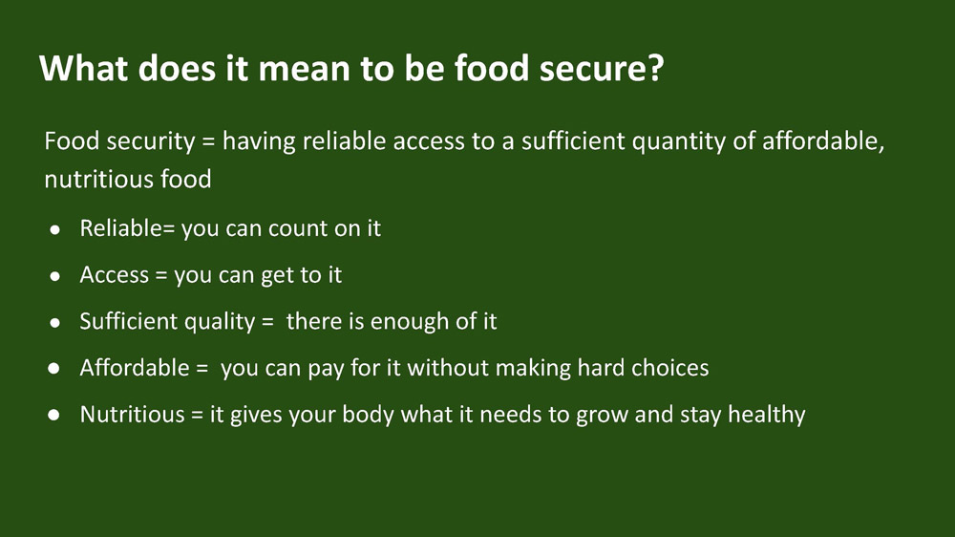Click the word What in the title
[84, 67]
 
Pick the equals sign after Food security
[208, 142]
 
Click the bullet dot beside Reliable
[54, 229]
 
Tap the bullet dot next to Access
[54, 276]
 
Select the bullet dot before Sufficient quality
[54, 322]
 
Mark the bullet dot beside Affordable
[54, 369]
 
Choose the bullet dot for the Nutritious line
[54, 415]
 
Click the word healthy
[767, 415]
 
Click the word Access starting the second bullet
[115, 275]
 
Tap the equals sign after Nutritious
[197, 415]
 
